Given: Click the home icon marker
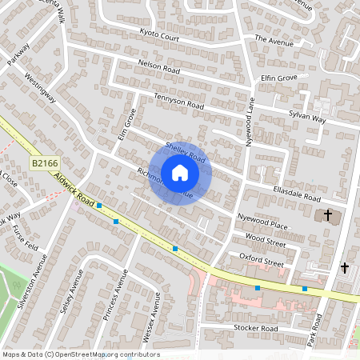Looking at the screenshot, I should (180, 172).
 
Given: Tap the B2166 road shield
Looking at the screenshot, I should (45, 163).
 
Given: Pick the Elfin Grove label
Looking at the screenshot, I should (278, 78).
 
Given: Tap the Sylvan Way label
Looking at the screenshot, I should (309, 119).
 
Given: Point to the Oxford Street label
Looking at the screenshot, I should (262, 262).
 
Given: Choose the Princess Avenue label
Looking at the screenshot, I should (116, 294).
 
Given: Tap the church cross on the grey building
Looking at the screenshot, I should (326, 215).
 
